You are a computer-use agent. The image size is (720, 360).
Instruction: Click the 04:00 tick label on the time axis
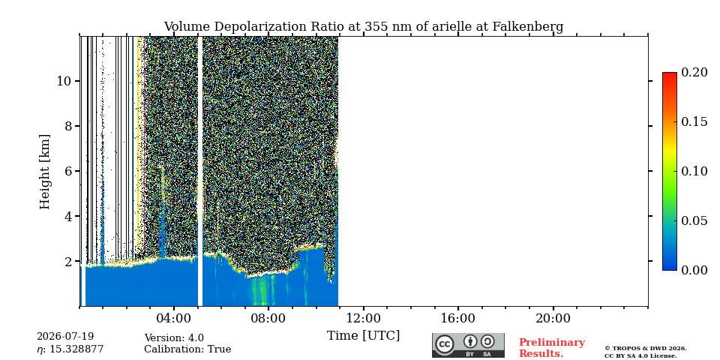click(174, 318)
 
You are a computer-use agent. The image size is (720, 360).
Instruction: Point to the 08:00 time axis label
click(268, 318)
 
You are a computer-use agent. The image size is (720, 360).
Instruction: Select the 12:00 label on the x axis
click(364, 318)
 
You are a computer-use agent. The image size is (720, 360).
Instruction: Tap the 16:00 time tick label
click(458, 318)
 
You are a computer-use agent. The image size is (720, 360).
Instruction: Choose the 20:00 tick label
click(553, 318)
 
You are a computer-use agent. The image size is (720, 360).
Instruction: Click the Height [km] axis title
click(44, 172)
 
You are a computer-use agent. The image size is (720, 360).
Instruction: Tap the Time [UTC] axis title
click(363, 336)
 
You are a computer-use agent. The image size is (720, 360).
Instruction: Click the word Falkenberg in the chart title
click(528, 27)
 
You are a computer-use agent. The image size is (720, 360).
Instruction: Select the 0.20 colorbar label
click(694, 72)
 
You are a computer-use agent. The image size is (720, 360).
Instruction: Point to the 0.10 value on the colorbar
click(694, 171)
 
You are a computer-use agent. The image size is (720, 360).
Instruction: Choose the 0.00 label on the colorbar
click(694, 270)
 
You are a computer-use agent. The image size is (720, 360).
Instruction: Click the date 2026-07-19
click(65, 337)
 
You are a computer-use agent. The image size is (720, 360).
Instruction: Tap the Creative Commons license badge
click(468, 345)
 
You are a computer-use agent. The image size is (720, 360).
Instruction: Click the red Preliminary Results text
click(552, 348)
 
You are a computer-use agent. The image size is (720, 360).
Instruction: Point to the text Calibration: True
click(187, 349)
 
